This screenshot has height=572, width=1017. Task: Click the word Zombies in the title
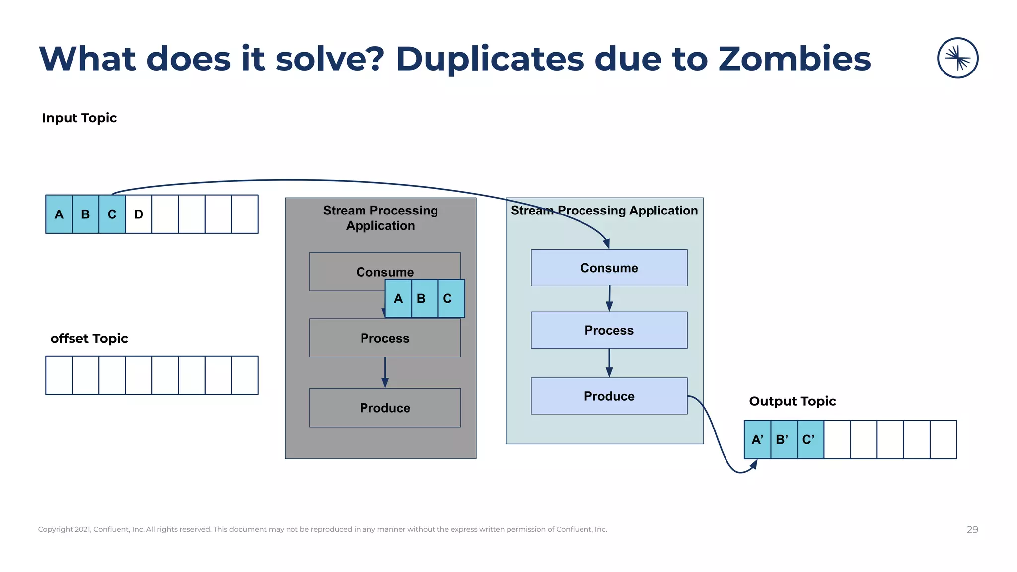click(794, 59)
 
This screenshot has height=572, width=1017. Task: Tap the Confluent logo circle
click(957, 58)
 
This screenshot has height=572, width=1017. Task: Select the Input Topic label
click(79, 118)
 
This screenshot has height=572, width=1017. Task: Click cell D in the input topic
click(139, 214)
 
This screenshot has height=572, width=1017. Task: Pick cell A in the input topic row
click(59, 214)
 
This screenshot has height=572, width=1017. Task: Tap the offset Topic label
click(89, 339)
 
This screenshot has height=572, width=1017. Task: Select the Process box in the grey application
click(385, 338)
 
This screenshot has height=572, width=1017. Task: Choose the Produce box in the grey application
click(385, 408)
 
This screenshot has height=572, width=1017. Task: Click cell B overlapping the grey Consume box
click(422, 298)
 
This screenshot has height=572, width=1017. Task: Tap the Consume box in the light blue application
click(609, 268)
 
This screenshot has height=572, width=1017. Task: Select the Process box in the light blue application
click(609, 330)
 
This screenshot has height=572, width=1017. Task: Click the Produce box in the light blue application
click(609, 396)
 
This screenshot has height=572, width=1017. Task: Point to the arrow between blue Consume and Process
click(609, 298)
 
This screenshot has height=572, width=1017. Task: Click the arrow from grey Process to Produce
click(385, 372)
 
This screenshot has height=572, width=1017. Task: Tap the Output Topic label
click(792, 401)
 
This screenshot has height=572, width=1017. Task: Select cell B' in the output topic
click(783, 439)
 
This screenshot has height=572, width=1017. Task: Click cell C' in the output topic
click(809, 439)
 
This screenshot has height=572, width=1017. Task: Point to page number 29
click(972, 530)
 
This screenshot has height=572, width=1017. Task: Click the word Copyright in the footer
click(55, 529)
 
